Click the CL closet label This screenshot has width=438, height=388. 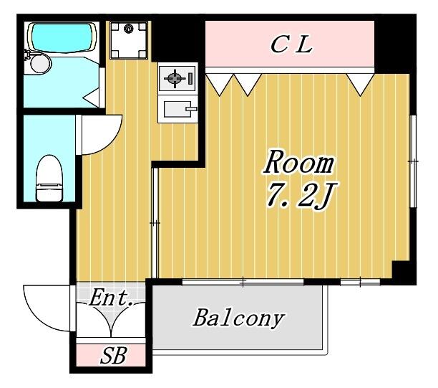pos(291,44)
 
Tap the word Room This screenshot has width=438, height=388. pos(299,163)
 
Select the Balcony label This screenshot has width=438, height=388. pos(239,318)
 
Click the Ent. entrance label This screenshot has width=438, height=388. pos(111,298)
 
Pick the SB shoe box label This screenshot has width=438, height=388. pos(114,355)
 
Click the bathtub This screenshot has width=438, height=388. pos(62,38)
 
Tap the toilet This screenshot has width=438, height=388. pos(49,179)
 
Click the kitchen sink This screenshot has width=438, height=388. pos(177,109)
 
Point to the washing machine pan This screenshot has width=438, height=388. pos(129,39)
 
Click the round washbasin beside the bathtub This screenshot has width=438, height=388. pos(41,64)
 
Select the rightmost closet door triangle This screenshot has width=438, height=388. pos(360,84)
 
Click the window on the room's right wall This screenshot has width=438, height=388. pos(413,161)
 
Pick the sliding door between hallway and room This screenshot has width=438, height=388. pos(155,223)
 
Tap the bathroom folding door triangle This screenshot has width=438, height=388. pos(93,97)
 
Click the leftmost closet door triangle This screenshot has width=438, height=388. pos(220,85)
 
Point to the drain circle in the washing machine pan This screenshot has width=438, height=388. pos(129,28)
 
